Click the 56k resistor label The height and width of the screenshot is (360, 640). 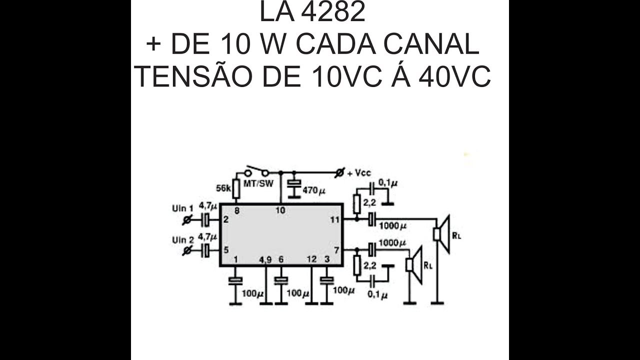[x=223, y=188]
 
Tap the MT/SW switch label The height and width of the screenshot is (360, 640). [x=258, y=183]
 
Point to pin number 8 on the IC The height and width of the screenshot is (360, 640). [x=236, y=210]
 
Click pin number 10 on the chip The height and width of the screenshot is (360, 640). [x=280, y=210]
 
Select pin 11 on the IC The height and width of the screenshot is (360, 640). [x=334, y=219]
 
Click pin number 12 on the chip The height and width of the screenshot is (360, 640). [x=311, y=259]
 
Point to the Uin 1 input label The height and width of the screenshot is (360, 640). [x=182, y=208]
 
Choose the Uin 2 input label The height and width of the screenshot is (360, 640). [x=182, y=240]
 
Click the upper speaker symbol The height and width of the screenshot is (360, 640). [x=442, y=234]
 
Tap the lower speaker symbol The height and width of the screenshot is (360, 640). [x=414, y=265]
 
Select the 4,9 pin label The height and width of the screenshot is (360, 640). [x=265, y=259]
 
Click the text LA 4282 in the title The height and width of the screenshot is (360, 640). [x=312, y=13]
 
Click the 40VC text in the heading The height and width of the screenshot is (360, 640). [x=455, y=77]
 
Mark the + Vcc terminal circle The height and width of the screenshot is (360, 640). [x=340, y=173]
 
